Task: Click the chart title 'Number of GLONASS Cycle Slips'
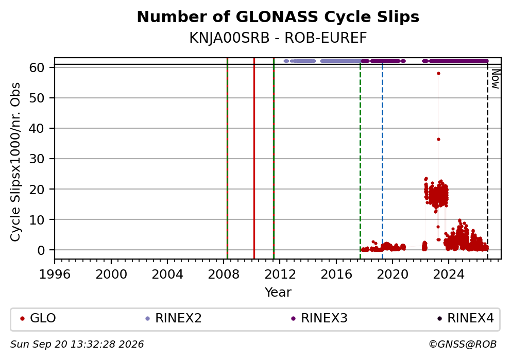[278, 17]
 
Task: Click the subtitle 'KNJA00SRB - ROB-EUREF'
[278, 38]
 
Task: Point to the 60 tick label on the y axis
[37, 68]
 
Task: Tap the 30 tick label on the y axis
[37, 159]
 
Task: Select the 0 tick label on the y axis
[41, 250]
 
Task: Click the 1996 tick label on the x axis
[55, 275]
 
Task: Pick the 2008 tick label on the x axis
[224, 275]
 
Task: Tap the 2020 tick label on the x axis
[393, 275]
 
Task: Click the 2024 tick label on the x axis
[449, 275]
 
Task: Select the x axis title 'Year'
[278, 292]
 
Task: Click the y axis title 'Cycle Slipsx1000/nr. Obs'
[15, 162]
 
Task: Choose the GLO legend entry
[38, 318]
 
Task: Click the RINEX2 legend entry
[174, 318]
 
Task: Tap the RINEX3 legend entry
[319, 318]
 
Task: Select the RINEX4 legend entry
[466, 318]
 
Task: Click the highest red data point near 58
[439, 74]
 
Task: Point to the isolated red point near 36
[439, 140]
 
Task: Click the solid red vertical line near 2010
[254, 158]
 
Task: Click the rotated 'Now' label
[496, 79]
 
